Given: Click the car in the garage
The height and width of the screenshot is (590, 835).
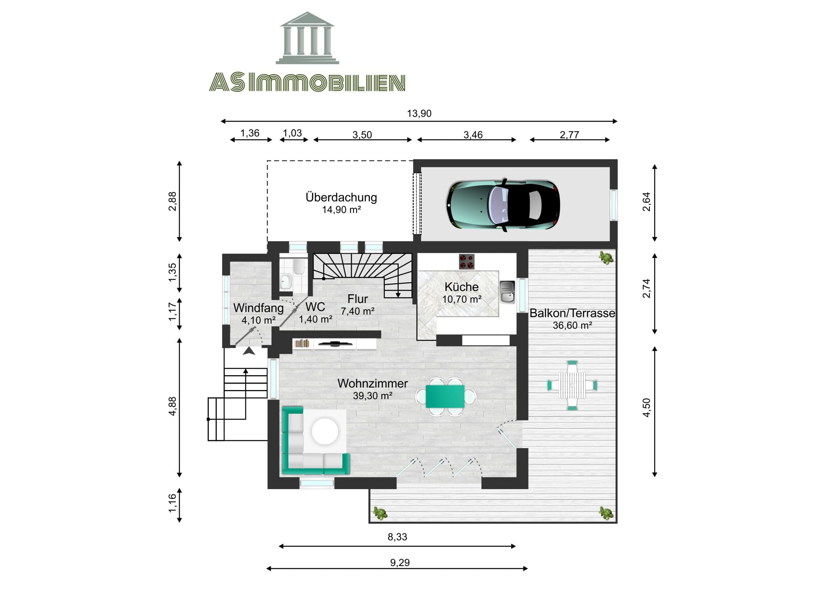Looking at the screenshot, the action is [503, 205].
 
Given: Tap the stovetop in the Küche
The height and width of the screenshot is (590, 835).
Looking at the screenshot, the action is [467, 261].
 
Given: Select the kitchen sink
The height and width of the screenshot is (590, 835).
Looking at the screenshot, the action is [507, 292].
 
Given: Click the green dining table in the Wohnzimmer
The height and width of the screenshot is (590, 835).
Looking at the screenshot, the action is [445, 396].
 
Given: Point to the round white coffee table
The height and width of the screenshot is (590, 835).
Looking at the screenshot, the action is [325, 431].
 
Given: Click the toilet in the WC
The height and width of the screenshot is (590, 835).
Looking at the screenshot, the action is [299, 266].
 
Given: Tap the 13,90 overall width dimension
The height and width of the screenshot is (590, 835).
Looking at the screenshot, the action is [419, 114].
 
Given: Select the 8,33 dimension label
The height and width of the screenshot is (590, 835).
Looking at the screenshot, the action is [397, 537].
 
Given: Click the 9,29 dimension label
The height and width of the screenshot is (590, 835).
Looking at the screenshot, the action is [400, 563].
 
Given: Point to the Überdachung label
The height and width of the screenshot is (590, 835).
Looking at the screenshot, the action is [341, 197].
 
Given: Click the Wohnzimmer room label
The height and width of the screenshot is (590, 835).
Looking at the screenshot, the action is [372, 383].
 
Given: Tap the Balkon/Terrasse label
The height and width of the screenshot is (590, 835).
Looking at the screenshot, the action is [572, 313].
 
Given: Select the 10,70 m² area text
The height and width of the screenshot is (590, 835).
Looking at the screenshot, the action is [462, 299].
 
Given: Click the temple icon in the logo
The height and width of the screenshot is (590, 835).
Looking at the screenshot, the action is [307, 38].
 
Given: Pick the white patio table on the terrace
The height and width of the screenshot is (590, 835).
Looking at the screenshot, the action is [572, 385].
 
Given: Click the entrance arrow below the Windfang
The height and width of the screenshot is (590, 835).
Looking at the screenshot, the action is [249, 351].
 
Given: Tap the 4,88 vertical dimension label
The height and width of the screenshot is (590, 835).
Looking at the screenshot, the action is [172, 406].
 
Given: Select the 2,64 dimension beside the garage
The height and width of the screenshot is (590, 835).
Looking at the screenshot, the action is [646, 202].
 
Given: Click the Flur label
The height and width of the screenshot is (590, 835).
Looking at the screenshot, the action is [358, 299].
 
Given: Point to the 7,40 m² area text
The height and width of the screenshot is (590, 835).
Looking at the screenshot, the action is [358, 311].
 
